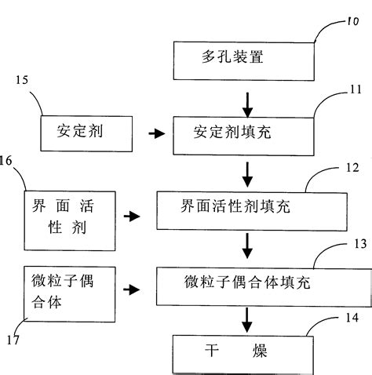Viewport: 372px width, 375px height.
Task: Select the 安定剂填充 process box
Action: (243, 133)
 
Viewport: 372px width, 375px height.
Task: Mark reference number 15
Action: (22, 82)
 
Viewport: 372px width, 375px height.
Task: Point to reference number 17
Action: (9, 340)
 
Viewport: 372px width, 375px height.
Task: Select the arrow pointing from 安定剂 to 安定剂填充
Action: (158, 134)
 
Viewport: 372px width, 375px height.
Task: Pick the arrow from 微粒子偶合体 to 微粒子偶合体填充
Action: (134, 289)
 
